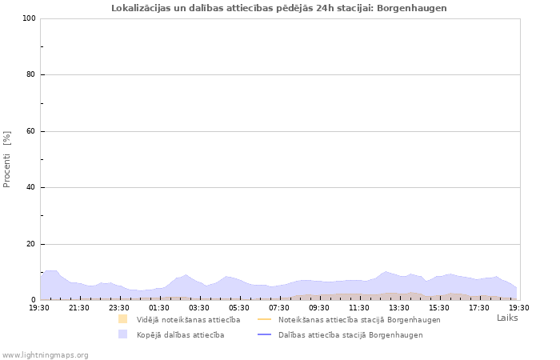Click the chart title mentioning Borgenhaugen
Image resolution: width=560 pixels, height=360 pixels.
click(279, 8)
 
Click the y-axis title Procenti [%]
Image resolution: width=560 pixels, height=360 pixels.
click(7, 159)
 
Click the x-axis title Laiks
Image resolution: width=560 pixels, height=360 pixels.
click(507, 318)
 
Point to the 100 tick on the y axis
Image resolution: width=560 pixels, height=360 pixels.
click(29, 18)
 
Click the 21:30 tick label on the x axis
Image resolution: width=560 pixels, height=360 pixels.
click(79, 307)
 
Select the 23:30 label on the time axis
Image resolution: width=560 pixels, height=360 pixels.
click(119, 307)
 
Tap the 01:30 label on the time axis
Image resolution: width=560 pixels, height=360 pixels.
click(159, 307)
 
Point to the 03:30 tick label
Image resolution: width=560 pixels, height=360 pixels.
click(199, 307)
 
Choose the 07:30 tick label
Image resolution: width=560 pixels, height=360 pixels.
click(279, 307)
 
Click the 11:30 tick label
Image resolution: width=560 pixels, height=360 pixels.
click(359, 307)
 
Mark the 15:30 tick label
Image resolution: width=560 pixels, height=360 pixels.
click(439, 307)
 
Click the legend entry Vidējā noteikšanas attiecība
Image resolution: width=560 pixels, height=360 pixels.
click(188, 320)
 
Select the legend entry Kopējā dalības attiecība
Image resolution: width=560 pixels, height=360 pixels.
click(180, 335)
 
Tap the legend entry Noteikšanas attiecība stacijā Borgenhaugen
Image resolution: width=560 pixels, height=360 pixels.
click(359, 320)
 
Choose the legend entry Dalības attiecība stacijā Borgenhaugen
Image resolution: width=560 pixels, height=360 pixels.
click(350, 335)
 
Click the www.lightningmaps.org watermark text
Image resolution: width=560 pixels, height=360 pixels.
click(46, 354)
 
